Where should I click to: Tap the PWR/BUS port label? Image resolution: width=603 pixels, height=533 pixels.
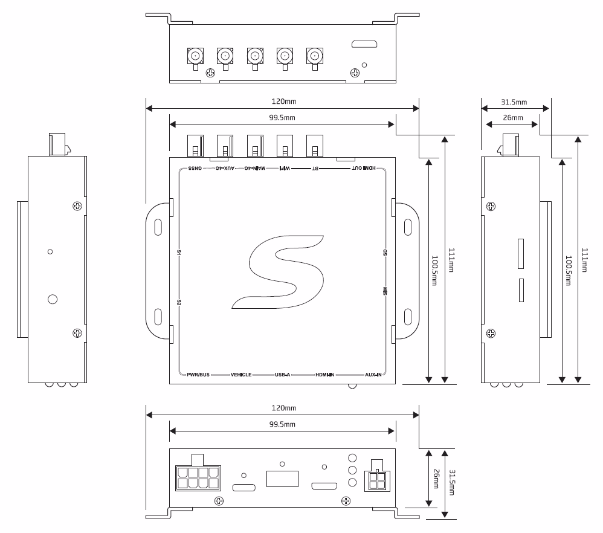pyautogui.click(x=198, y=375)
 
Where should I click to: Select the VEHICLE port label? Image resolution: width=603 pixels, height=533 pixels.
pyautogui.click(x=241, y=375)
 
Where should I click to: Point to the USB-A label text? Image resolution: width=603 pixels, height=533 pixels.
pyautogui.click(x=283, y=375)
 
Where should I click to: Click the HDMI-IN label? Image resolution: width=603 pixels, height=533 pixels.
pyautogui.click(x=324, y=375)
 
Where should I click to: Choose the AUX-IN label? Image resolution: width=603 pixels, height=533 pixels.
pyautogui.click(x=373, y=375)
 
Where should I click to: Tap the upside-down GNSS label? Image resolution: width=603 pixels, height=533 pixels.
pyautogui.click(x=195, y=169)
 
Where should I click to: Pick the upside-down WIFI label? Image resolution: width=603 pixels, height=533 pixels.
pyautogui.click(x=284, y=169)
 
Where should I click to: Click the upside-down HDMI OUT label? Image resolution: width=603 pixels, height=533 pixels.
pyautogui.click(x=364, y=169)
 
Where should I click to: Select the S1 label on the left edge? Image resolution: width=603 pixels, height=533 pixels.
pyautogui.click(x=179, y=252)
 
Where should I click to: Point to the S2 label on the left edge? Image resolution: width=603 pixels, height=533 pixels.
pyautogui.click(x=179, y=302)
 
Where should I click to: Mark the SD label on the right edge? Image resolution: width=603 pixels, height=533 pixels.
pyautogui.click(x=385, y=252)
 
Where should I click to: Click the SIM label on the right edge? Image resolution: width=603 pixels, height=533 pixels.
pyautogui.click(x=385, y=292)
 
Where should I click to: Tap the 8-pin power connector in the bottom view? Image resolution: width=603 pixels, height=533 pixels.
pyautogui.click(x=198, y=477)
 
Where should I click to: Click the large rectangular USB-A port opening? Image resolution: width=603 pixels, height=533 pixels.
pyautogui.click(x=282, y=479)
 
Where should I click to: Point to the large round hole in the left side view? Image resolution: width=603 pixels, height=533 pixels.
pyautogui.click(x=53, y=299)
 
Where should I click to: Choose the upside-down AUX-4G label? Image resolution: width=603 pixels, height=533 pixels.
pyautogui.click(x=225, y=169)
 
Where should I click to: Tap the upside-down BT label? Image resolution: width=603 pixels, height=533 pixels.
pyautogui.click(x=315, y=169)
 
